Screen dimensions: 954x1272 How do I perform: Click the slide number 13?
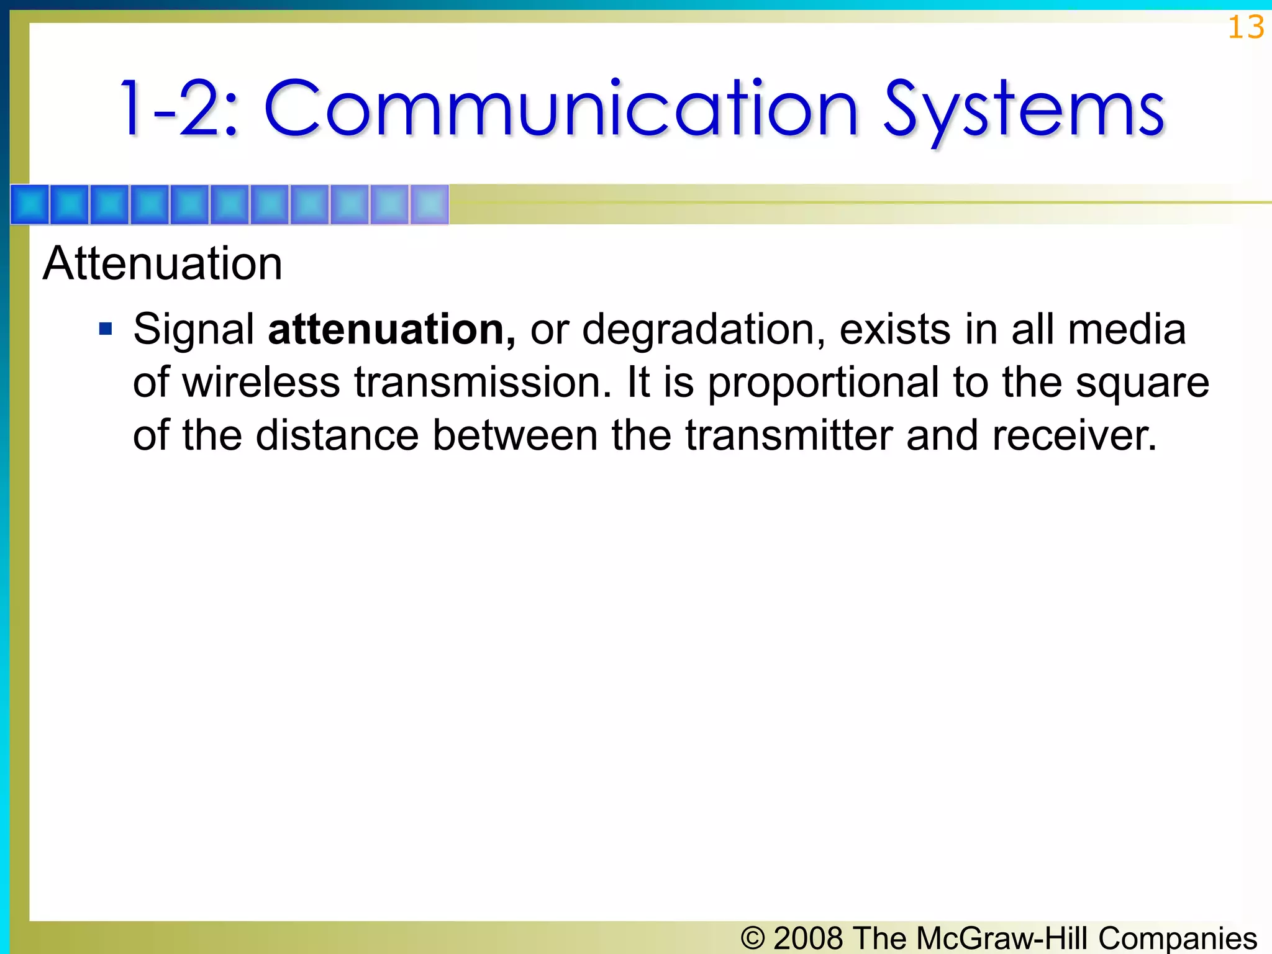(x=1245, y=28)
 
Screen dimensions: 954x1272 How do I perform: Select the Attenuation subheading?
(x=163, y=263)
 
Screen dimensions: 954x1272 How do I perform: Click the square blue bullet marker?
(x=106, y=328)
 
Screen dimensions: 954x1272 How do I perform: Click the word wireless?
(x=261, y=382)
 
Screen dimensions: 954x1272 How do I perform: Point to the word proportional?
(x=823, y=383)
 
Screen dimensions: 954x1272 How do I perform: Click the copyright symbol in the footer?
(x=753, y=938)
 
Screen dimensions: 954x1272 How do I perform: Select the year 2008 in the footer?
(x=808, y=938)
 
